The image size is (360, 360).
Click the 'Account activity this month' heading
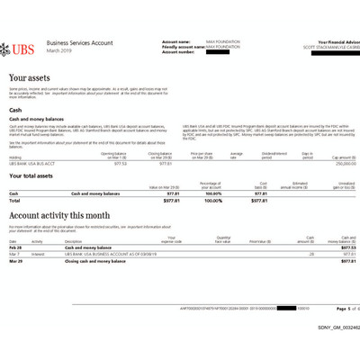pyautogui.click(x=59, y=215)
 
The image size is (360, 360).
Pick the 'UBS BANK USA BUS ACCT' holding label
pyautogui.click(x=31, y=164)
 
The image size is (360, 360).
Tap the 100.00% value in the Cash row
pyautogui.click(x=212, y=193)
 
